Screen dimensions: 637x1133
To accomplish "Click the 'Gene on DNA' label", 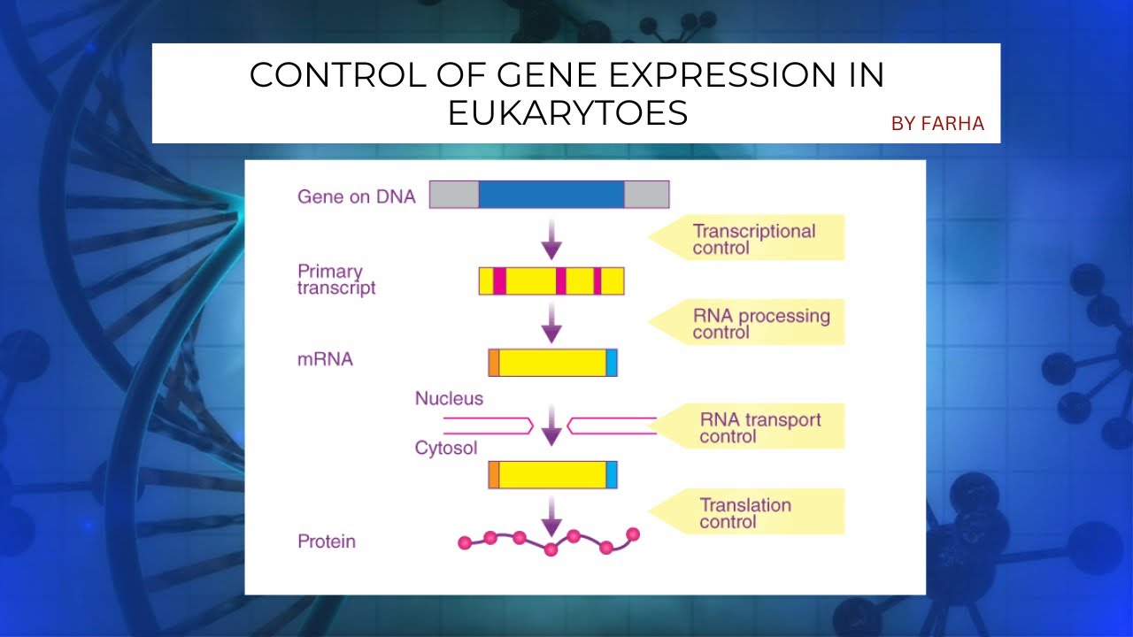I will (356, 196).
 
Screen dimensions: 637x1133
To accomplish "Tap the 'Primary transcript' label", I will (336, 280).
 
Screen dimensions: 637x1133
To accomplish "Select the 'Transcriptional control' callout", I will (753, 239).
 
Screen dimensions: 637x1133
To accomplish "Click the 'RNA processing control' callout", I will (760, 324).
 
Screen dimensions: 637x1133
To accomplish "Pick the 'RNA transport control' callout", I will (759, 427).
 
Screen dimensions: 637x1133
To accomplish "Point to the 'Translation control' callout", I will (744, 513).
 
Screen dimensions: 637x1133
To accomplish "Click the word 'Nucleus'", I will (449, 399).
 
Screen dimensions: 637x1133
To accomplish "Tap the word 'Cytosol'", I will (446, 449).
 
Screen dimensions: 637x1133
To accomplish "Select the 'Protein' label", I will (327, 541).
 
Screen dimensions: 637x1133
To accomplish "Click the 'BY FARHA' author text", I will (937, 124).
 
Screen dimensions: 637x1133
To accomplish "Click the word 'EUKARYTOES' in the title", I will (567, 114).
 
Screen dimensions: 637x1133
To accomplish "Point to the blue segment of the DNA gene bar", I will (551, 194).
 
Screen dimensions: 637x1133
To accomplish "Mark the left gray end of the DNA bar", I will (454, 194).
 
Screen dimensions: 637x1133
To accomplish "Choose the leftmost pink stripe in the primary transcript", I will (499, 280).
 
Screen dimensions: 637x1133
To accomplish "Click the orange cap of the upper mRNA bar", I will (494, 363).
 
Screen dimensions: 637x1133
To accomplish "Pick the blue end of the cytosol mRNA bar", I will (612, 474).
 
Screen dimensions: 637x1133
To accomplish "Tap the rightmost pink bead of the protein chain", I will (633, 533).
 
